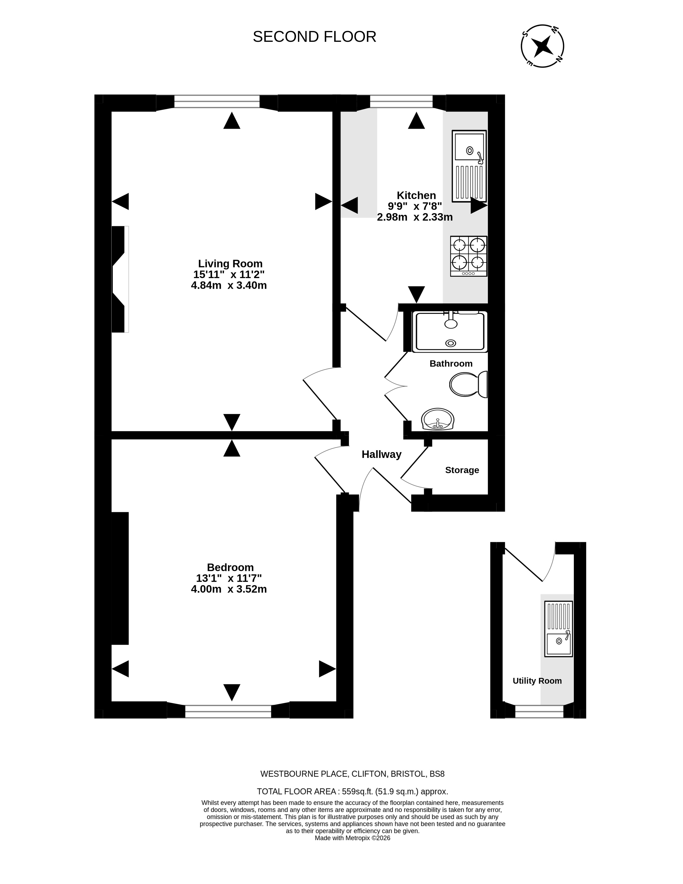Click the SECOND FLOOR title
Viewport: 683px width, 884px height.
point(314,37)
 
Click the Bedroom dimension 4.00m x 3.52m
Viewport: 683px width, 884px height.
point(229,589)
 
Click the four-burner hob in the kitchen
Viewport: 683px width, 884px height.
point(469,256)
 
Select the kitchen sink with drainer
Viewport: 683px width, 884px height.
point(469,166)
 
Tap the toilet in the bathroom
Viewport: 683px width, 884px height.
point(469,384)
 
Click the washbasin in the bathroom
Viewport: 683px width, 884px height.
point(438,419)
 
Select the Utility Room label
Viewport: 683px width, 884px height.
point(537,681)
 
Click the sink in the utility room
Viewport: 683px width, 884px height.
point(559,629)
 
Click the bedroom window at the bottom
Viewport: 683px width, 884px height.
point(228,711)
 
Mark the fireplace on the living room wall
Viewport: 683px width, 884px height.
point(120,279)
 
